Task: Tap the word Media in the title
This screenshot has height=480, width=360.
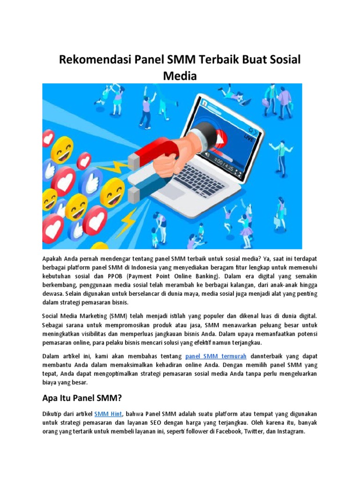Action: point(180,75)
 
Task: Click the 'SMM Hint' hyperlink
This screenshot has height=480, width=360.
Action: point(108,414)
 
